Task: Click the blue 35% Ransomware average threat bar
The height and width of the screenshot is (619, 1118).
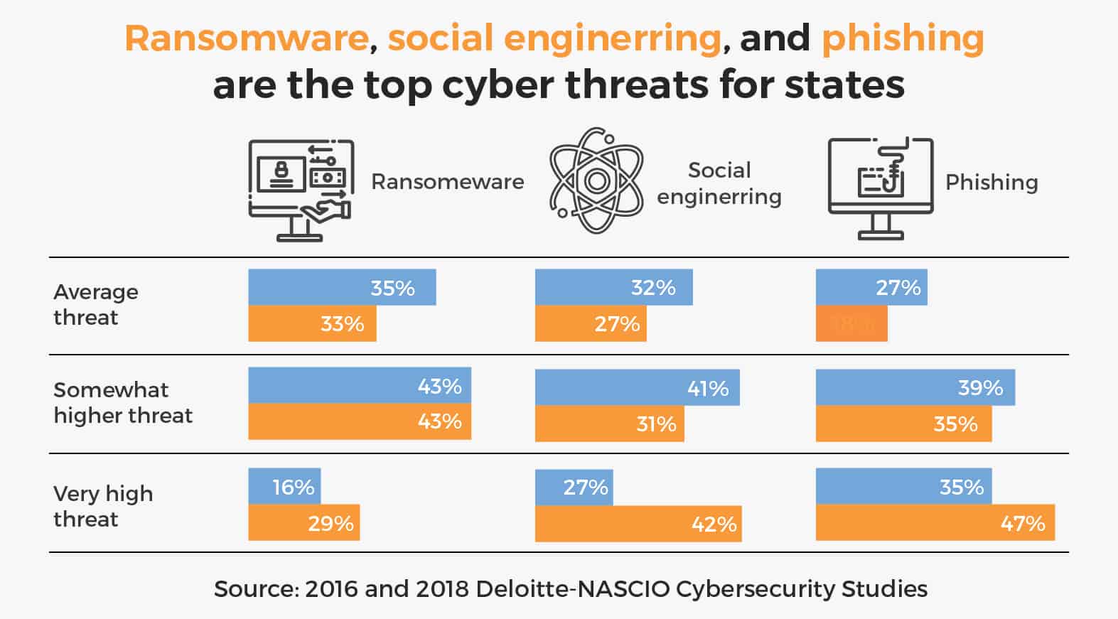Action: (342, 287)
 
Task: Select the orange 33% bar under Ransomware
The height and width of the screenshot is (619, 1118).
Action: (312, 323)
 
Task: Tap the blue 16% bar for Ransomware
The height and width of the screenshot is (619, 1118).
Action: (284, 487)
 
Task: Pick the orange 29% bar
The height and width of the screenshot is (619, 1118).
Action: (303, 523)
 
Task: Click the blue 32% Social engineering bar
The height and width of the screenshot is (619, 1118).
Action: (613, 287)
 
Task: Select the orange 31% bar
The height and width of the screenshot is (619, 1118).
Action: (609, 424)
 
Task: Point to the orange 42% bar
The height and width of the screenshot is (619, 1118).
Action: (638, 524)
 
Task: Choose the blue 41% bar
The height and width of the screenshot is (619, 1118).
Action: (637, 387)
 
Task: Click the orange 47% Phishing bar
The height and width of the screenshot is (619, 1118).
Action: (935, 523)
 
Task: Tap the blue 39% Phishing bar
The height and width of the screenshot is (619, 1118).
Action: (915, 387)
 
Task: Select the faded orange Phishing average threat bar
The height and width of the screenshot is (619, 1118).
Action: (851, 323)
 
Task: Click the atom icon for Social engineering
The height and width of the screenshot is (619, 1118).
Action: (597, 181)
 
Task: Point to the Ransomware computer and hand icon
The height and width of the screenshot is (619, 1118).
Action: (301, 188)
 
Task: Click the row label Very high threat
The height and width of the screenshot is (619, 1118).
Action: (103, 506)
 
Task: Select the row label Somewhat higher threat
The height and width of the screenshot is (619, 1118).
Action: (123, 402)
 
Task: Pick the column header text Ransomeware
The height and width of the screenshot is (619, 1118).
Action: (447, 182)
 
